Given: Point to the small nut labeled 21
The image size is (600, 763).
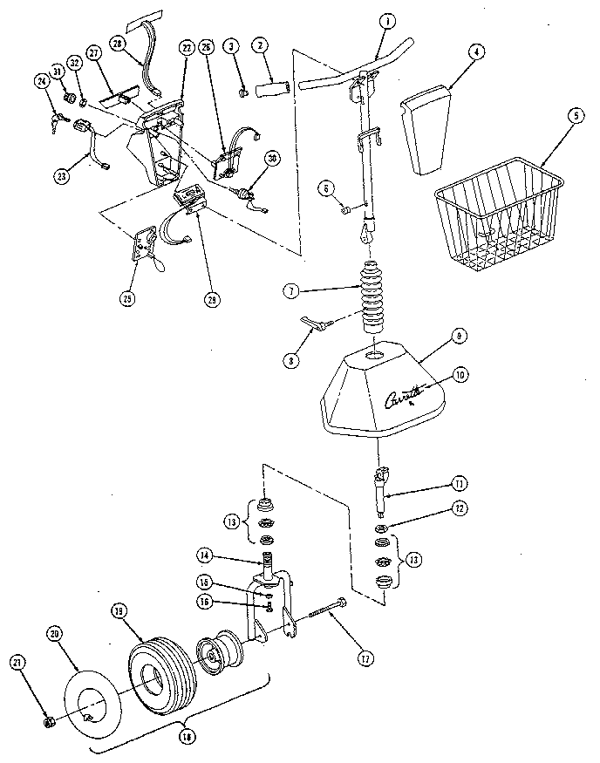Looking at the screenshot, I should pyautogui.click(x=50, y=722).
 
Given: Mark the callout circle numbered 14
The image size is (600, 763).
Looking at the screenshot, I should pyautogui.click(x=203, y=555).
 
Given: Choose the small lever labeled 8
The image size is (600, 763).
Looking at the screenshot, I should pyautogui.click(x=314, y=324).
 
